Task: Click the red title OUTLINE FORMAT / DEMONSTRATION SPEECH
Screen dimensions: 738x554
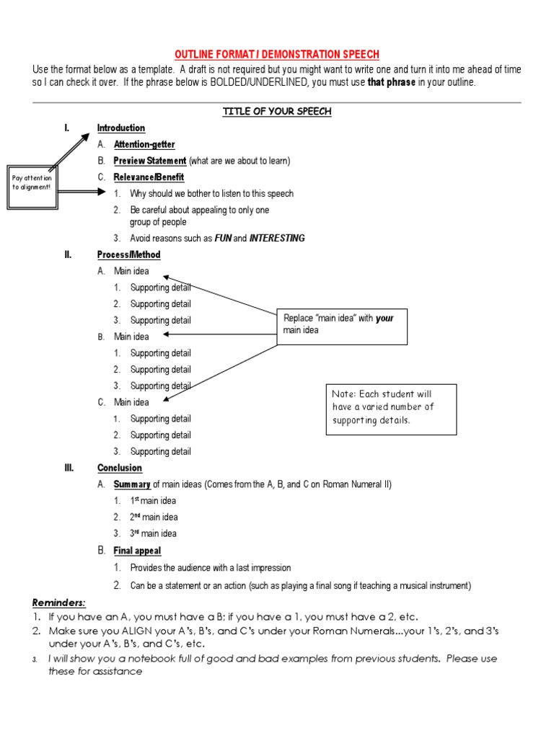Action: coord(277,55)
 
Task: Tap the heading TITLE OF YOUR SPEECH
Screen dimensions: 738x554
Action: coord(277,112)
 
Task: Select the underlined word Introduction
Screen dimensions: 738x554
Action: coord(121,128)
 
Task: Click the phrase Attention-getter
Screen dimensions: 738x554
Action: coord(144,144)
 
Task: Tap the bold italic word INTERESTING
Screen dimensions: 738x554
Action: coord(277,239)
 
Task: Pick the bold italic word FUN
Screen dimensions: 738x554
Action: coord(223,239)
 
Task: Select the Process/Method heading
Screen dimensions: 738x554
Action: coord(129,255)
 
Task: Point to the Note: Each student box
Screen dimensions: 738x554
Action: coord(391,408)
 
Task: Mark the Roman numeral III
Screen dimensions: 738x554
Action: coord(69,468)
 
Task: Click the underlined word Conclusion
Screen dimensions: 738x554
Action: coord(120,468)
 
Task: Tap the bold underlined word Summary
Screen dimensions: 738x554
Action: coord(132,485)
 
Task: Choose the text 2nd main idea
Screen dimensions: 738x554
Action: coord(154,517)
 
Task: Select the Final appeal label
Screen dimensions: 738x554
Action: coord(137,551)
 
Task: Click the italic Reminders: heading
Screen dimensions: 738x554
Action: coord(59,603)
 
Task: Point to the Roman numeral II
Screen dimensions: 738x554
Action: coord(68,255)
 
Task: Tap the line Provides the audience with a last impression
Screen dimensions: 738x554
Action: coord(211,569)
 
